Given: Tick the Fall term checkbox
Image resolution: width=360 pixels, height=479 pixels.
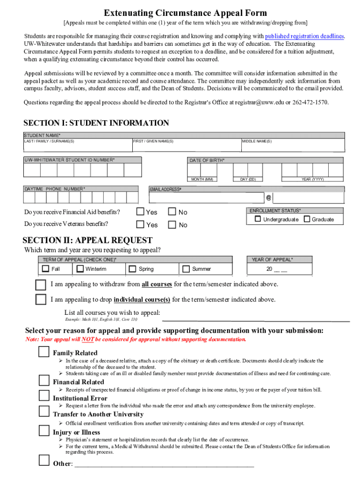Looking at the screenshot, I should pyautogui.click(x=45, y=269).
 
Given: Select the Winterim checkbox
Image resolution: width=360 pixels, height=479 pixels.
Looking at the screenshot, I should pyautogui.click(x=80, y=269).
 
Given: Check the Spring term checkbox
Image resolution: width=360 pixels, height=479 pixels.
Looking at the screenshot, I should pyautogui.click(x=133, y=269).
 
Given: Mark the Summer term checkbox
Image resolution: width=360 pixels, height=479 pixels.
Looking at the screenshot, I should pyautogui.click(x=186, y=269).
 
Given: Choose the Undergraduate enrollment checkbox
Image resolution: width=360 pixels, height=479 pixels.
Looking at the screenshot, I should pyautogui.click(x=258, y=219).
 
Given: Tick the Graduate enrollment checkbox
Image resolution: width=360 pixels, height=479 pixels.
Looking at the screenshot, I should pyautogui.click(x=307, y=219).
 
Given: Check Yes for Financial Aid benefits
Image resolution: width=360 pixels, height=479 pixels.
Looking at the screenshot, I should pyautogui.click(x=140, y=212).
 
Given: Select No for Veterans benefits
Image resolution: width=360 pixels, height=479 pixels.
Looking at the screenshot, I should pyautogui.click(x=172, y=225).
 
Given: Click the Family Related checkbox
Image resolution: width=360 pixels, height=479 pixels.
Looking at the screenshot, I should pyautogui.click(x=44, y=352).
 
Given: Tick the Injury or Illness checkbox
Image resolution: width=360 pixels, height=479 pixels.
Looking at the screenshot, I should pyautogui.click(x=44, y=430).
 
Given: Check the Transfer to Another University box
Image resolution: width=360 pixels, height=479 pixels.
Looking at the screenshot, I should pyautogui.click(x=44, y=412).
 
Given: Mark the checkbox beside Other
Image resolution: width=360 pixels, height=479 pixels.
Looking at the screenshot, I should pyautogui.click(x=44, y=461).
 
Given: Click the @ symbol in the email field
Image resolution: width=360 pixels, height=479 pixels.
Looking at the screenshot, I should pyautogui.click(x=268, y=198).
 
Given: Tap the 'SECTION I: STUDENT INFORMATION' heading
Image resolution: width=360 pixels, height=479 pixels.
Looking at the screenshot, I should pyautogui.click(x=96, y=123).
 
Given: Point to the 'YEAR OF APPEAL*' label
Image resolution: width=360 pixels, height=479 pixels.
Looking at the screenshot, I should pyautogui.click(x=272, y=260).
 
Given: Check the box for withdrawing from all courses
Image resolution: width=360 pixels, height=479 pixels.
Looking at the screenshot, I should pyautogui.click(x=41, y=284).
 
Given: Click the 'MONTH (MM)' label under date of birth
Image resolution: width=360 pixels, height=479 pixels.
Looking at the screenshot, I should pyautogui.click(x=202, y=179).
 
